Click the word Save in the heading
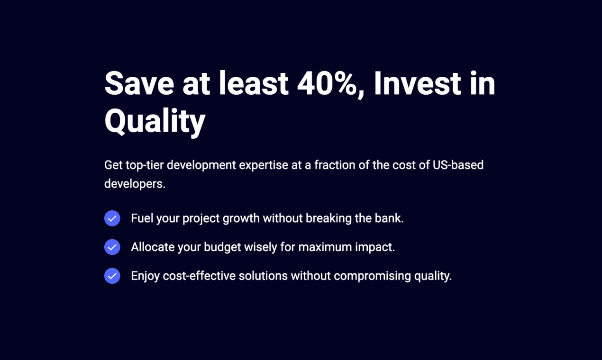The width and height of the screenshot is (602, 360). pos(139,83)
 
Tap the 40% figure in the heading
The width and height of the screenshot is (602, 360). pos(330,83)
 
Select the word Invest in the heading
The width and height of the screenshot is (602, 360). pos(417,83)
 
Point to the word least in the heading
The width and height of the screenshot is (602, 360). pos(254,83)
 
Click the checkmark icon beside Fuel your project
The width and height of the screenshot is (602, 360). pos(112,218)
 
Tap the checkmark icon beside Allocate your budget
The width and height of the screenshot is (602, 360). pos(112,247)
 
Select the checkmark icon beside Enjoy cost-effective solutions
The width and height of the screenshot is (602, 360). pos(112,276)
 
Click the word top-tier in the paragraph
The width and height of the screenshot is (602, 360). pos(145,165)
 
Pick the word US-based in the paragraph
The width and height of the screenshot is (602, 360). pos(458,165)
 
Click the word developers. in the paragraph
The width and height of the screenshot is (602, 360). pos(135,184)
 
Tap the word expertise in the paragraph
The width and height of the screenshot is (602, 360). pos(264,165)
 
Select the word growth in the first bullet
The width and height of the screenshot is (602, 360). pos(241,219)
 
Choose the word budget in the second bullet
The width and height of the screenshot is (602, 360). pos(222,247)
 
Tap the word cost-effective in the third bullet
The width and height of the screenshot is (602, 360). pos(199,276)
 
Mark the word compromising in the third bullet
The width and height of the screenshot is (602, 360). pos(372,276)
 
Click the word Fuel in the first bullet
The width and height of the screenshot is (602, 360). pos(142,218)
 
